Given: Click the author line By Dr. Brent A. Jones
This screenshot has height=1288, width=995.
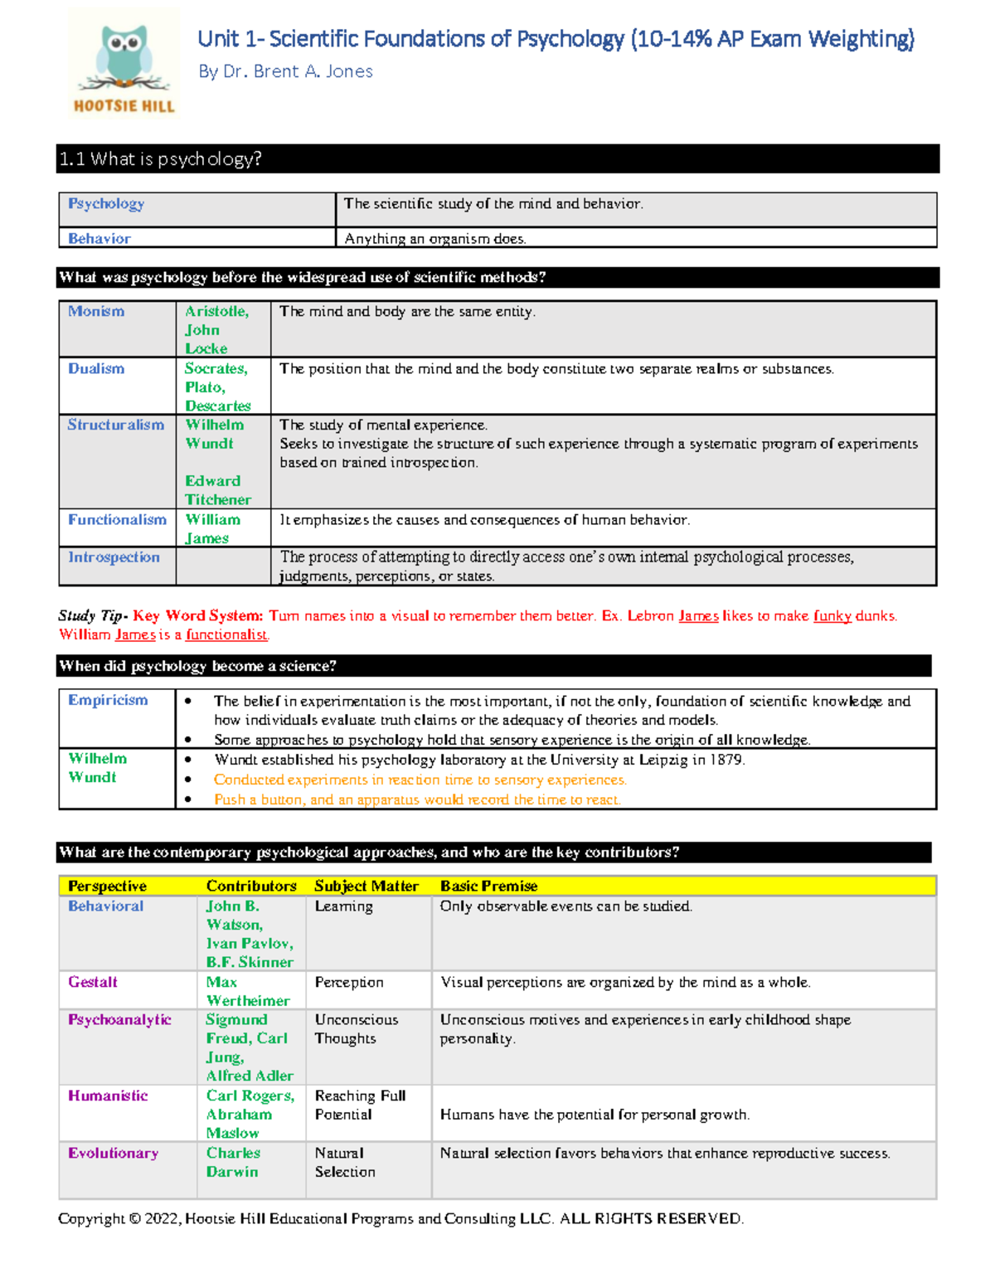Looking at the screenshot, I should (285, 71).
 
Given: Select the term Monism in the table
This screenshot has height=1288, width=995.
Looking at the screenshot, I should (96, 311).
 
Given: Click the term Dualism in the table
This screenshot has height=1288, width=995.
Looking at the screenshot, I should (96, 368).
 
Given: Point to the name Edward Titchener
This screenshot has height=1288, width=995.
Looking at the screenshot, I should (217, 490).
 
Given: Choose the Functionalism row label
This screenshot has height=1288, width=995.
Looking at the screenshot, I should (117, 519).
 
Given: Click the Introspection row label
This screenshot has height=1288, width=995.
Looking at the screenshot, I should (114, 557).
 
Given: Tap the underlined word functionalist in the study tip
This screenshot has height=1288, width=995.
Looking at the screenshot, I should (226, 634).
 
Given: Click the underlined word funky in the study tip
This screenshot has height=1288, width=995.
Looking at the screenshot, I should (832, 615).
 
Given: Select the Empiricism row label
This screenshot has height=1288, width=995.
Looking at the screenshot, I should (108, 699).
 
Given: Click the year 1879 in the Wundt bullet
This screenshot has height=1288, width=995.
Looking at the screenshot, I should (726, 760).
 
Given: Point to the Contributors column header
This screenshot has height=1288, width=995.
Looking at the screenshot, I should (251, 886).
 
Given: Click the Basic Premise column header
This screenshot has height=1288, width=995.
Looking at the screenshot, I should (488, 886).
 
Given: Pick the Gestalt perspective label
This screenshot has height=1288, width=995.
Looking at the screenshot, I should (93, 981).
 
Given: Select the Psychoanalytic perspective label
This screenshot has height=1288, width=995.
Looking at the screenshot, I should (119, 1019).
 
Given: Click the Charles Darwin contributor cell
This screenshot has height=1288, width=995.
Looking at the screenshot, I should (233, 1162).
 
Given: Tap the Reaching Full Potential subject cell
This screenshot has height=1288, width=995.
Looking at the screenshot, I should (360, 1105).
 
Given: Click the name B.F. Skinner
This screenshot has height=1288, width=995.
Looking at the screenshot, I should (250, 962).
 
